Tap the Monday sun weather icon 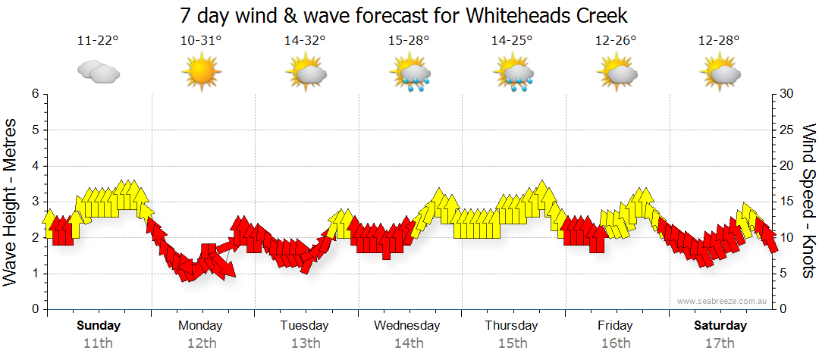[x=201, y=73]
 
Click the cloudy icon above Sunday [x=99, y=73]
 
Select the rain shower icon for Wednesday [x=410, y=74]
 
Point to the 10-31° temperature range [x=201, y=40]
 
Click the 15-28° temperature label [x=409, y=40]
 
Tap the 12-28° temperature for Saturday [x=719, y=40]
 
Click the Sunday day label [x=99, y=326]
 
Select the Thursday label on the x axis [x=511, y=326]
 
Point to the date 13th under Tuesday [x=305, y=343]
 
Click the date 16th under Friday [x=615, y=343]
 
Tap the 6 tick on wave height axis [x=34, y=94]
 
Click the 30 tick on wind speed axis [x=787, y=94]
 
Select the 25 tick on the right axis [x=787, y=130]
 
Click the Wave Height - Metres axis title [x=12, y=201]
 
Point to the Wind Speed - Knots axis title [x=808, y=201]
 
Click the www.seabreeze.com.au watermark [x=723, y=301]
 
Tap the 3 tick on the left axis [x=34, y=202]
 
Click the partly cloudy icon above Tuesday [x=306, y=74]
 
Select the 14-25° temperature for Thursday [x=512, y=40]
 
